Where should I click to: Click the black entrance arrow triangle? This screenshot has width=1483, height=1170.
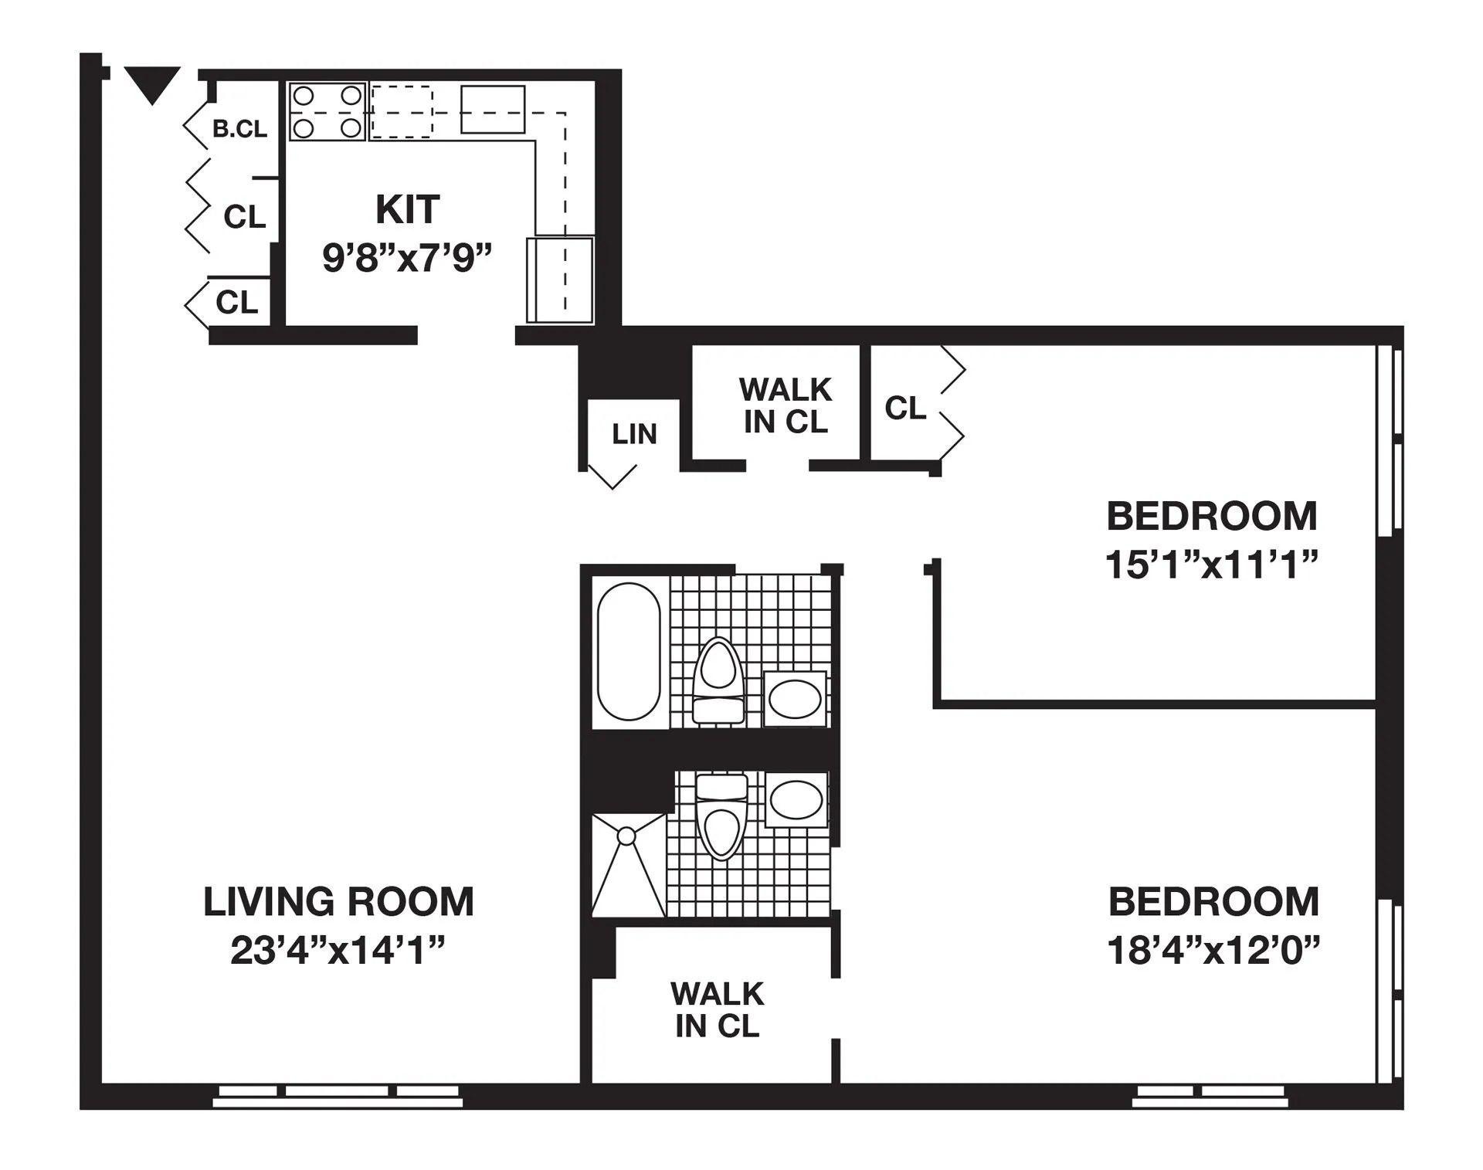[152, 83]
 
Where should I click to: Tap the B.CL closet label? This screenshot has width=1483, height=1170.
[240, 129]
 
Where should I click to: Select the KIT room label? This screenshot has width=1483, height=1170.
[407, 209]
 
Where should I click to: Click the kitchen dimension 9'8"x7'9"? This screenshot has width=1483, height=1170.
[407, 257]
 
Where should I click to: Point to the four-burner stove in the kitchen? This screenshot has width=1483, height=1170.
[327, 112]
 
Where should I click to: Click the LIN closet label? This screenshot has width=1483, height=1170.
[634, 435]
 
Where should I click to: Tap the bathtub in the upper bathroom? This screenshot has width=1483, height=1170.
[629, 652]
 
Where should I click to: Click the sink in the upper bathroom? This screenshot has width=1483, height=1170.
[795, 699]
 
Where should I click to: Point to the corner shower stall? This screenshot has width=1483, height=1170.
[627, 865]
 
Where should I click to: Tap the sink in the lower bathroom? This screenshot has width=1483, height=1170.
[796, 800]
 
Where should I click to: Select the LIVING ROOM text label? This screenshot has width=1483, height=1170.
[338, 901]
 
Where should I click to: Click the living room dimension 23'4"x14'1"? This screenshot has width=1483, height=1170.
[338, 951]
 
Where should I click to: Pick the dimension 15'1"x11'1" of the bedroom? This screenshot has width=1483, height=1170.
[1211, 565]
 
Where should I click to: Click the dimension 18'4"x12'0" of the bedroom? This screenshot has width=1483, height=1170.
[1213, 951]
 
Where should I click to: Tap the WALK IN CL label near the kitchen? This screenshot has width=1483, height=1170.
[785, 405]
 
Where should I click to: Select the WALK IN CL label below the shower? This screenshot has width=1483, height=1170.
[717, 1009]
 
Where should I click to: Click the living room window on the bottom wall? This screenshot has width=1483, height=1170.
[338, 1096]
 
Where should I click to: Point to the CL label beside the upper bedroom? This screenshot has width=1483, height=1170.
[904, 408]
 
